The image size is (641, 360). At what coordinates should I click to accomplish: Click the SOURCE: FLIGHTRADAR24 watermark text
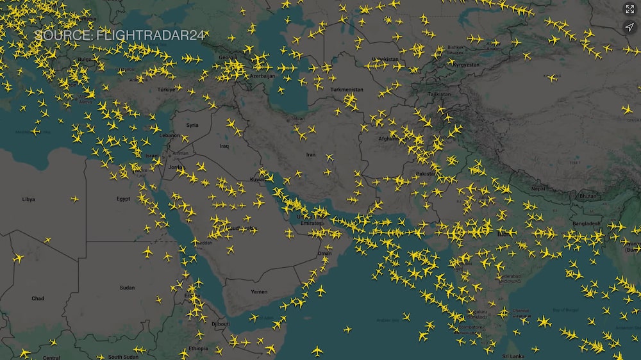click(119, 36)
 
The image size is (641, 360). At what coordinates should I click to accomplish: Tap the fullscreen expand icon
click(629, 10)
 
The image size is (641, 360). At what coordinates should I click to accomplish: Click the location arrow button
click(629, 27)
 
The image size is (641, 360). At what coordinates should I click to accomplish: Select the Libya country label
click(29, 199)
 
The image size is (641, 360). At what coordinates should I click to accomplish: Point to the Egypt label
click(124, 199)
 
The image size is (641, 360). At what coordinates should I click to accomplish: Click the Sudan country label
click(127, 288)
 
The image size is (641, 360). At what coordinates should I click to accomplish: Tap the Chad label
click(38, 299)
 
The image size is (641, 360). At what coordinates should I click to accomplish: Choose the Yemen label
click(259, 291)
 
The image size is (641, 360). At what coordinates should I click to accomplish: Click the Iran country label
click(311, 155)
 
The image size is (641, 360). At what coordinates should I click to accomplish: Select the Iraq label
click(224, 146)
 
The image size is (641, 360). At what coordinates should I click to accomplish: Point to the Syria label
click(192, 126)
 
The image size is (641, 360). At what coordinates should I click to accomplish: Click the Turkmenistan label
click(347, 90)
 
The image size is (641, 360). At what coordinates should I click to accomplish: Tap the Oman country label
click(325, 254)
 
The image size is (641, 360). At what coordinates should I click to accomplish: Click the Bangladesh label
click(587, 224)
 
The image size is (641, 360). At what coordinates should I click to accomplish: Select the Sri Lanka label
click(513, 356)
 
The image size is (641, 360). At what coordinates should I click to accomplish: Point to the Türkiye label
click(166, 90)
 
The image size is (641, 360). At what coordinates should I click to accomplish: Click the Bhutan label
click(587, 195)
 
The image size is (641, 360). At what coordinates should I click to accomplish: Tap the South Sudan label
click(123, 356)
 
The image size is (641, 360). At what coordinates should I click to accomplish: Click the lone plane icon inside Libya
click(75, 199)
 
